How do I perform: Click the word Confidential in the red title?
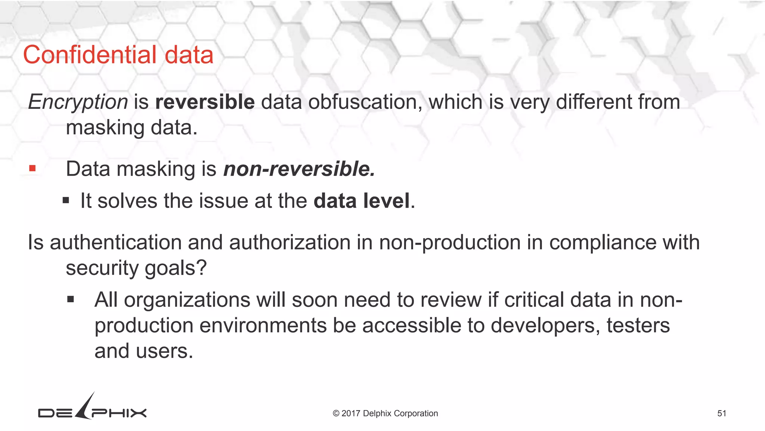[x=90, y=55]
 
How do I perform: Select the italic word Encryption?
[x=78, y=102]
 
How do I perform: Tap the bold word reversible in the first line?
[x=205, y=102]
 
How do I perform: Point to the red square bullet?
[x=32, y=169]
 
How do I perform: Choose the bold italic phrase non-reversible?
[x=299, y=169]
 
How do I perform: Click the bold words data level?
[x=362, y=201]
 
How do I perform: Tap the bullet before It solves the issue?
[x=66, y=201]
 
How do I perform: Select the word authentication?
[x=115, y=242]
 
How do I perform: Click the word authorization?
[x=289, y=242]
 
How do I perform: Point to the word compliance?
[x=603, y=242]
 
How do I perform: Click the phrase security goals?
[x=136, y=268]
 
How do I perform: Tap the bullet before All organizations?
[x=71, y=299]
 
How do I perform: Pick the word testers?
[x=638, y=325]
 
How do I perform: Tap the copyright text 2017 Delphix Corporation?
[x=385, y=413]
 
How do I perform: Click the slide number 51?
[x=722, y=413]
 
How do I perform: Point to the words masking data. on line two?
[x=131, y=128]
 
